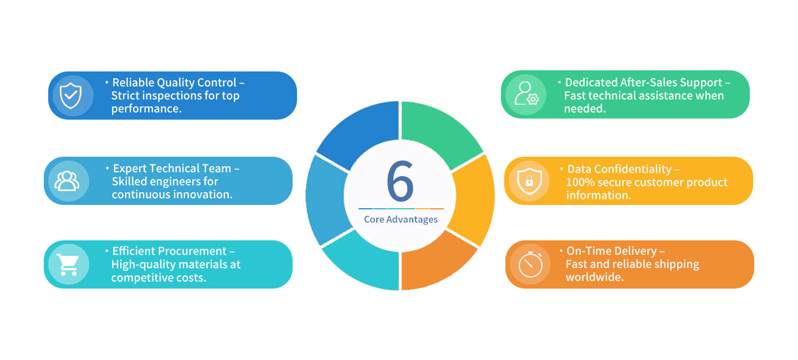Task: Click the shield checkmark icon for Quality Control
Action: coord(70,95)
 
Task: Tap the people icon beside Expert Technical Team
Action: coord(66,181)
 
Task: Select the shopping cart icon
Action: coord(68,265)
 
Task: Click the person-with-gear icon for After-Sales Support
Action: coord(526,94)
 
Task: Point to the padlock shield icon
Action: coord(529,181)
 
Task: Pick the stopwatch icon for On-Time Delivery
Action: coord(530,264)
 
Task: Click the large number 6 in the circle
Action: coord(400,181)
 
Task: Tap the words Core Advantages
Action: coord(401,219)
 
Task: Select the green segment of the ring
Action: coord(441,133)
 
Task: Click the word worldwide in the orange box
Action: coord(595,277)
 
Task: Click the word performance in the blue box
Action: coord(146,109)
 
